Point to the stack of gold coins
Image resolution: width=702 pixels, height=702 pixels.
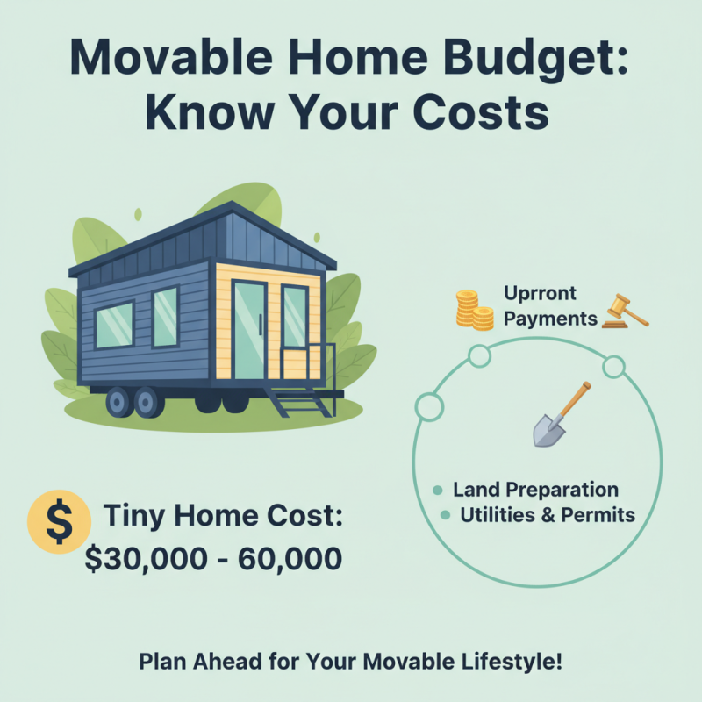tap(473, 310)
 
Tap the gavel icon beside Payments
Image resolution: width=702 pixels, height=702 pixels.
tap(625, 312)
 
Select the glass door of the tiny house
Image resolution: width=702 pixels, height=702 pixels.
tap(250, 329)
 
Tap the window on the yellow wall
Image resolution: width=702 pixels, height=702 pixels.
tap(294, 317)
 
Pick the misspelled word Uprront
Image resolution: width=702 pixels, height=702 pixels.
tap(541, 294)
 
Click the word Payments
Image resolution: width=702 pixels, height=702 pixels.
tap(551, 319)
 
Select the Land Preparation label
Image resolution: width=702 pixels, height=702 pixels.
tap(535, 490)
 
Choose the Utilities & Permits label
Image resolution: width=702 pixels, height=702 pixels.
tap(547, 515)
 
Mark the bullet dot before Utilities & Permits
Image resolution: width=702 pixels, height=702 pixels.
tap(445, 515)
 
